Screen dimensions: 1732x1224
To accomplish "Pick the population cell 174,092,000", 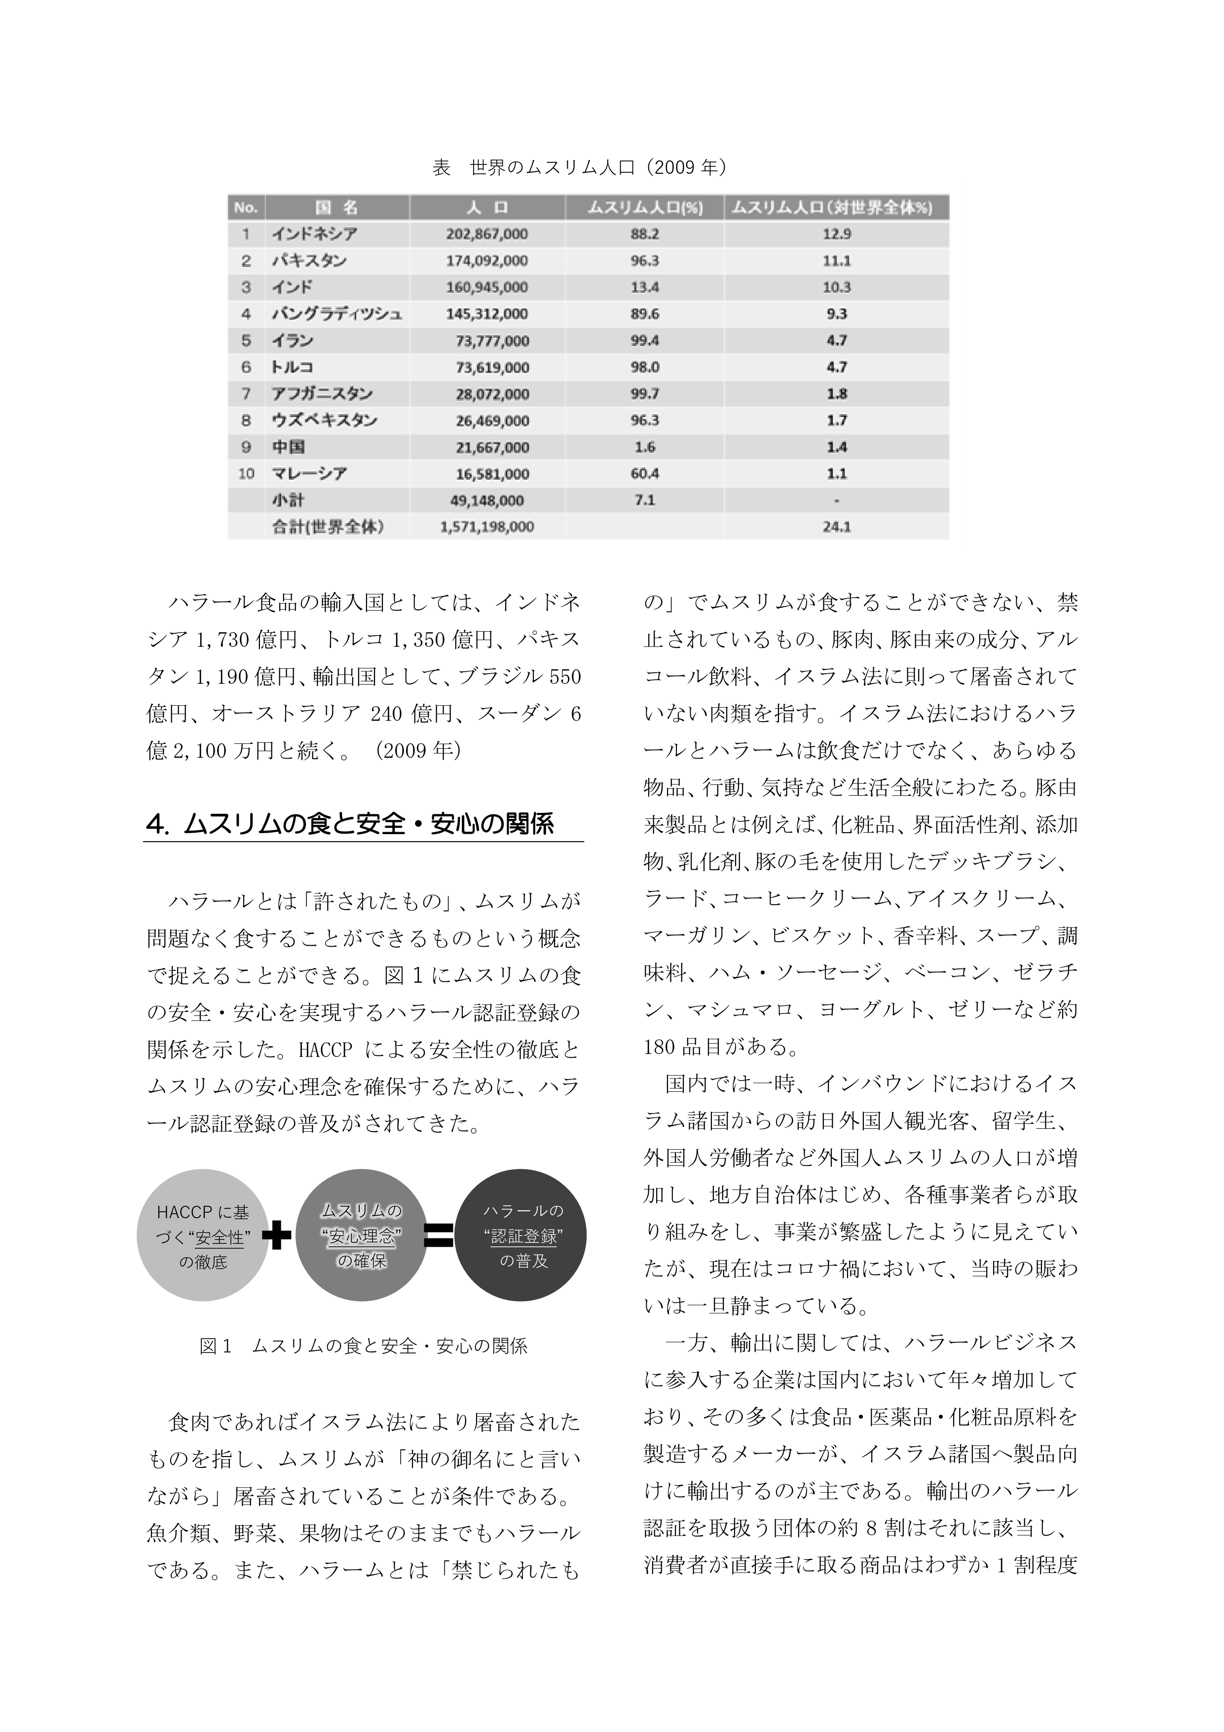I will pyautogui.click(x=486, y=261).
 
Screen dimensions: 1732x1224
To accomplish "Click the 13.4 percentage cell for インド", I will pyautogui.click(x=645, y=287).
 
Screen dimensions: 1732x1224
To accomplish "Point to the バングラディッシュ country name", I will pyautogui.click(x=336, y=314).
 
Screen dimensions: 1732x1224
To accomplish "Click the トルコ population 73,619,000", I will pyautogui.click(x=492, y=367).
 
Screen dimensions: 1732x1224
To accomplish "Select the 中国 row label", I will pyautogui.click(x=288, y=447).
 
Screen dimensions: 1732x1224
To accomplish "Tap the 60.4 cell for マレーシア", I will pyautogui.click(x=645, y=474).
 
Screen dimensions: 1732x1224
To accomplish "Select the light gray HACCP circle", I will pyautogui.click(x=202, y=1237).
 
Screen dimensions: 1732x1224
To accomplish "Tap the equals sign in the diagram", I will pyautogui.click(x=438, y=1235).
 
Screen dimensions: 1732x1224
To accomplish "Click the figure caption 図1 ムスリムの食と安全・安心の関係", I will pyautogui.click(x=363, y=1346).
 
